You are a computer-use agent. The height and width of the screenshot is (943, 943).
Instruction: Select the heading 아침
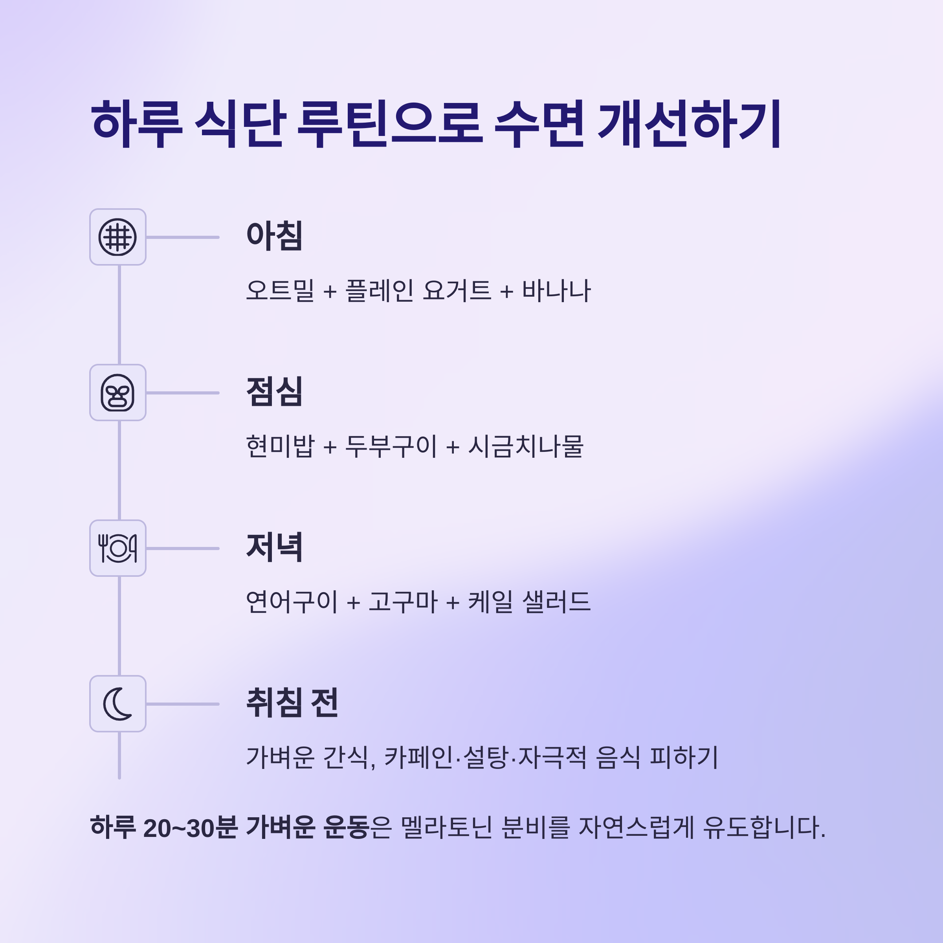[274, 236]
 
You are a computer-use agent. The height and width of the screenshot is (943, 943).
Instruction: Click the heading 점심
[274, 391]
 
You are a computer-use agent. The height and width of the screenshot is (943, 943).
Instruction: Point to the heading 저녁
[274, 547]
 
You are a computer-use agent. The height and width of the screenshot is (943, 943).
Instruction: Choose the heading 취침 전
[292, 703]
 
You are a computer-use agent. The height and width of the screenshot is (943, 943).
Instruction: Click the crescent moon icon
[117, 704]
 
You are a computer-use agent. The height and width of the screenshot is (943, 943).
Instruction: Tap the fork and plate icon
[117, 548]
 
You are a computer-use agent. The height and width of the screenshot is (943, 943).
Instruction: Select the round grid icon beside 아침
[117, 237]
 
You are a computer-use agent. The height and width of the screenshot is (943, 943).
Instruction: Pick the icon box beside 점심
[117, 393]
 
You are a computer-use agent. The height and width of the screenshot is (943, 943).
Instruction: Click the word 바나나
[556, 291]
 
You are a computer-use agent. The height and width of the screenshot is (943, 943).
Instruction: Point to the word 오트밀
[280, 291]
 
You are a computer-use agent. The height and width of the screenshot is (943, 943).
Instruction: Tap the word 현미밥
[280, 446]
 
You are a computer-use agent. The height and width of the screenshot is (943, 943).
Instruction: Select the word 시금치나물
[526, 446]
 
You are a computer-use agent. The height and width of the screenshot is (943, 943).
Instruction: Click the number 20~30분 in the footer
[190, 828]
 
